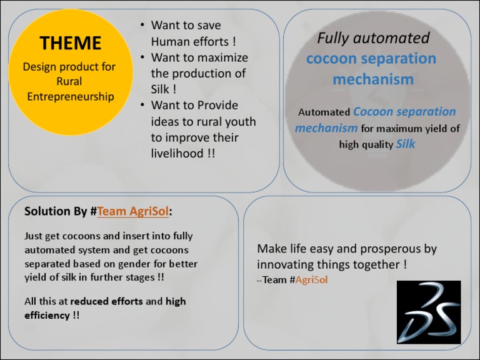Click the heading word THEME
(70, 43)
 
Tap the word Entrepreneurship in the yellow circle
(70, 96)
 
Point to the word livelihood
(177, 153)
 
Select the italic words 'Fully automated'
(373, 38)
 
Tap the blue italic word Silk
(406, 144)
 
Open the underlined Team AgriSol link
(132, 211)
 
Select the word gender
(131, 264)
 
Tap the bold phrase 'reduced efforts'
(107, 301)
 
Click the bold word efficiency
(47, 315)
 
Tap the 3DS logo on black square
(429, 311)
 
